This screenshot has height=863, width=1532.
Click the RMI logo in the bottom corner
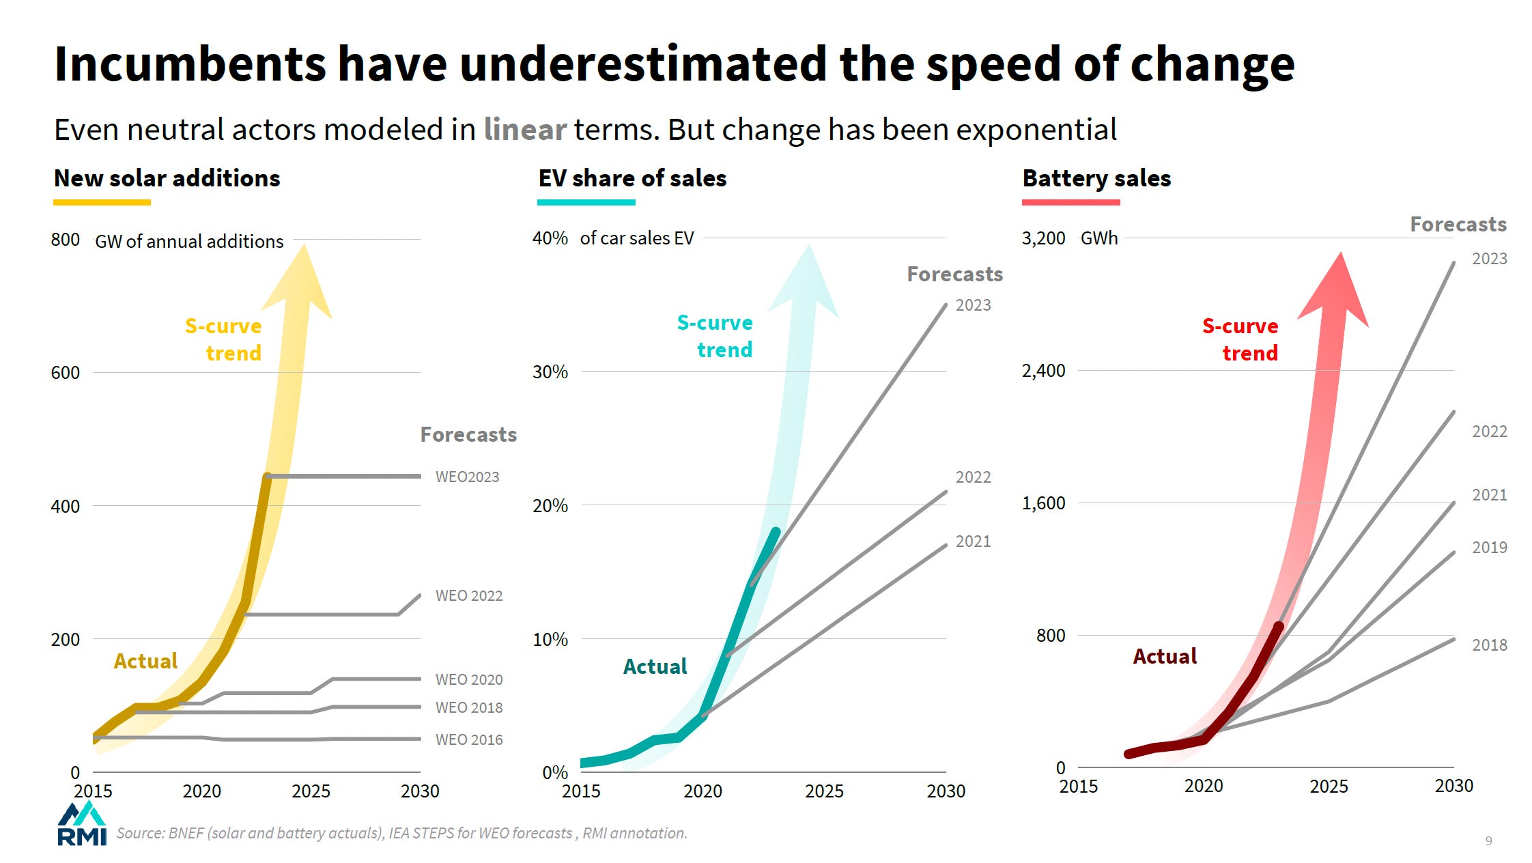point(82,825)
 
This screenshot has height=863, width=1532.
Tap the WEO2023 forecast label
point(467,477)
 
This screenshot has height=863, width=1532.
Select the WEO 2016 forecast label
point(469,739)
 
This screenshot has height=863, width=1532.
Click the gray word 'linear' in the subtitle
point(525,130)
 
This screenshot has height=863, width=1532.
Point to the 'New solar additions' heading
point(167,178)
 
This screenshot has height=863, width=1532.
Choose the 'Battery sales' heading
point(1096,178)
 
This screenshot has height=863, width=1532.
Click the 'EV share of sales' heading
point(632,178)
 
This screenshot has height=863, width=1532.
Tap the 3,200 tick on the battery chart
point(1043,238)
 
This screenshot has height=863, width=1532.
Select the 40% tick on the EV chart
point(550,238)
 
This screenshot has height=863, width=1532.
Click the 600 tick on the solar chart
point(66,373)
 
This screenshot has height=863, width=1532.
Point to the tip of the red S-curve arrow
point(1340,254)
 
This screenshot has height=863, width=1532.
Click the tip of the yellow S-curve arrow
point(304,246)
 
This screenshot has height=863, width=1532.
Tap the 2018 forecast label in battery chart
point(1489,645)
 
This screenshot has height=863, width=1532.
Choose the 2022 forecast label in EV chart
point(973,477)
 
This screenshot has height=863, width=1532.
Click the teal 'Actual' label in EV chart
point(655,666)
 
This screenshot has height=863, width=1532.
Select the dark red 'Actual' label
point(1165,656)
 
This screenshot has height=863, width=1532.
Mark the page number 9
point(1489,841)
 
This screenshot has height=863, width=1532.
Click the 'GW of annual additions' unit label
point(189,242)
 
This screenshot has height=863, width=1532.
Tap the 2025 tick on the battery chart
point(1329,787)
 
